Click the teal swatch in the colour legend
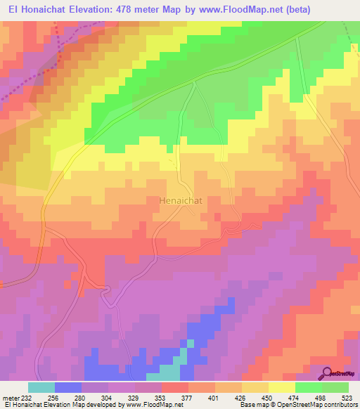click(x=41, y=387)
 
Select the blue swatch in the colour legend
click(x=68, y=387)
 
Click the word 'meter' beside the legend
click(x=10, y=397)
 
